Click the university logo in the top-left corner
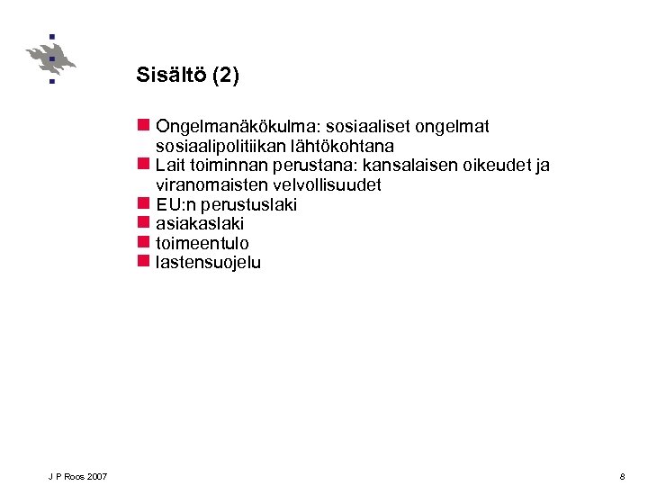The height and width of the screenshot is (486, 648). click(50, 58)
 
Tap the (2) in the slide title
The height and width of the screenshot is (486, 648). click(225, 75)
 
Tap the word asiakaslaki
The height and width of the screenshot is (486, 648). click(200, 224)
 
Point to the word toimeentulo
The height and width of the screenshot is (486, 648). click(202, 244)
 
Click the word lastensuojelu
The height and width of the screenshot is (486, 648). click(208, 264)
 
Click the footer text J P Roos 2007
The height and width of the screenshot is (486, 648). click(78, 475)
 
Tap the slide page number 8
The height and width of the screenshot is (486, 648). click(622, 475)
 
